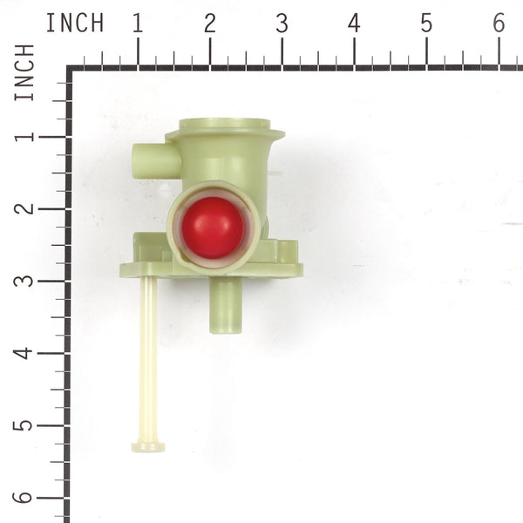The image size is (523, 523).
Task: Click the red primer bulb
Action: [x=213, y=227]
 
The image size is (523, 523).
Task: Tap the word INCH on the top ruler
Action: [x=74, y=23]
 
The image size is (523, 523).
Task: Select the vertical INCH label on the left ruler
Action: [x=24, y=71]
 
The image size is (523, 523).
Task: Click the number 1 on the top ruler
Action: [x=137, y=24]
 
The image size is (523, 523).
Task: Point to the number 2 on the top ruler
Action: [x=209, y=24]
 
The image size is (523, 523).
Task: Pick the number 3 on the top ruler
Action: [x=282, y=24]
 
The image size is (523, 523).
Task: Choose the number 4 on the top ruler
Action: [x=354, y=24]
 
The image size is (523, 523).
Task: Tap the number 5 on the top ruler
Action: [x=426, y=24]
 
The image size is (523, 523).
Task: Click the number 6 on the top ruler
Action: [x=499, y=24]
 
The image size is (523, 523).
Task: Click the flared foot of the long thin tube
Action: [x=148, y=446]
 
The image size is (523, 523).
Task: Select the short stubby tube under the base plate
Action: [x=226, y=305]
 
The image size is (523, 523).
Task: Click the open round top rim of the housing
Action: [x=224, y=127]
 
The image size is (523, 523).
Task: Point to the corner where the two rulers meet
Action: [x=70, y=68]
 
